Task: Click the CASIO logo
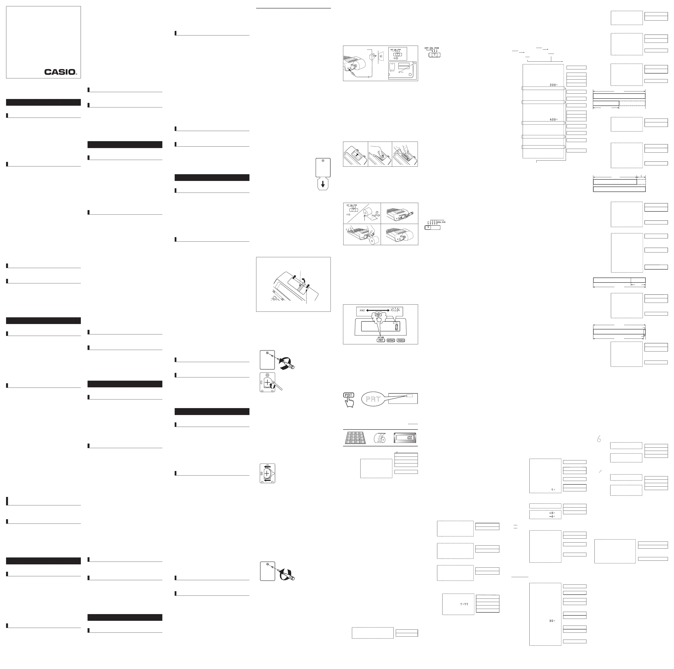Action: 60,72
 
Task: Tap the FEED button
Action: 401,340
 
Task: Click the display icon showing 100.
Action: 405,437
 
